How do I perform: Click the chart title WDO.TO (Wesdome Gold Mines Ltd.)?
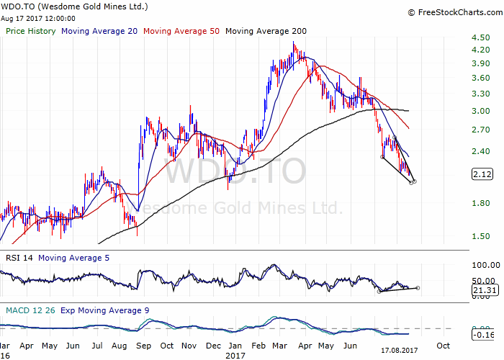pos(76,6)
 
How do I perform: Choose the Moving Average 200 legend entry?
pos(266,31)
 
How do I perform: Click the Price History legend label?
pos(31,31)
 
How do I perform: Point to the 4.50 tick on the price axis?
pos(481,37)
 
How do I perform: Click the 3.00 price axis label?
pos(481,112)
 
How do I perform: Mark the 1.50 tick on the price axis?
pos(481,236)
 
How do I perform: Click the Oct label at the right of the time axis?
pos(443,345)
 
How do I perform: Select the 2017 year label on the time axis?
pos(235,355)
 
